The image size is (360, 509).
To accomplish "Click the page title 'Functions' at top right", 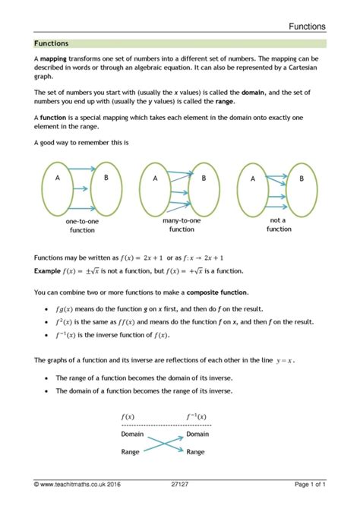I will [x=307, y=26].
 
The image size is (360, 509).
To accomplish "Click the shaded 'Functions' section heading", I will [x=52, y=44].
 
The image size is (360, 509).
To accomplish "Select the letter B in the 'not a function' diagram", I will [x=301, y=179].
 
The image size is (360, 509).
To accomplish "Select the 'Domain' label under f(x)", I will [x=134, y=434].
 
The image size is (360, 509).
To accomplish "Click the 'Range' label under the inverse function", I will [x=195, y=451].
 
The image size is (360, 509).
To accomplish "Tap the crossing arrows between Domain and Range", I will [x=165, y=443].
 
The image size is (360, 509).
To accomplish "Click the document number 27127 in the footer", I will [x=180, y=484].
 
